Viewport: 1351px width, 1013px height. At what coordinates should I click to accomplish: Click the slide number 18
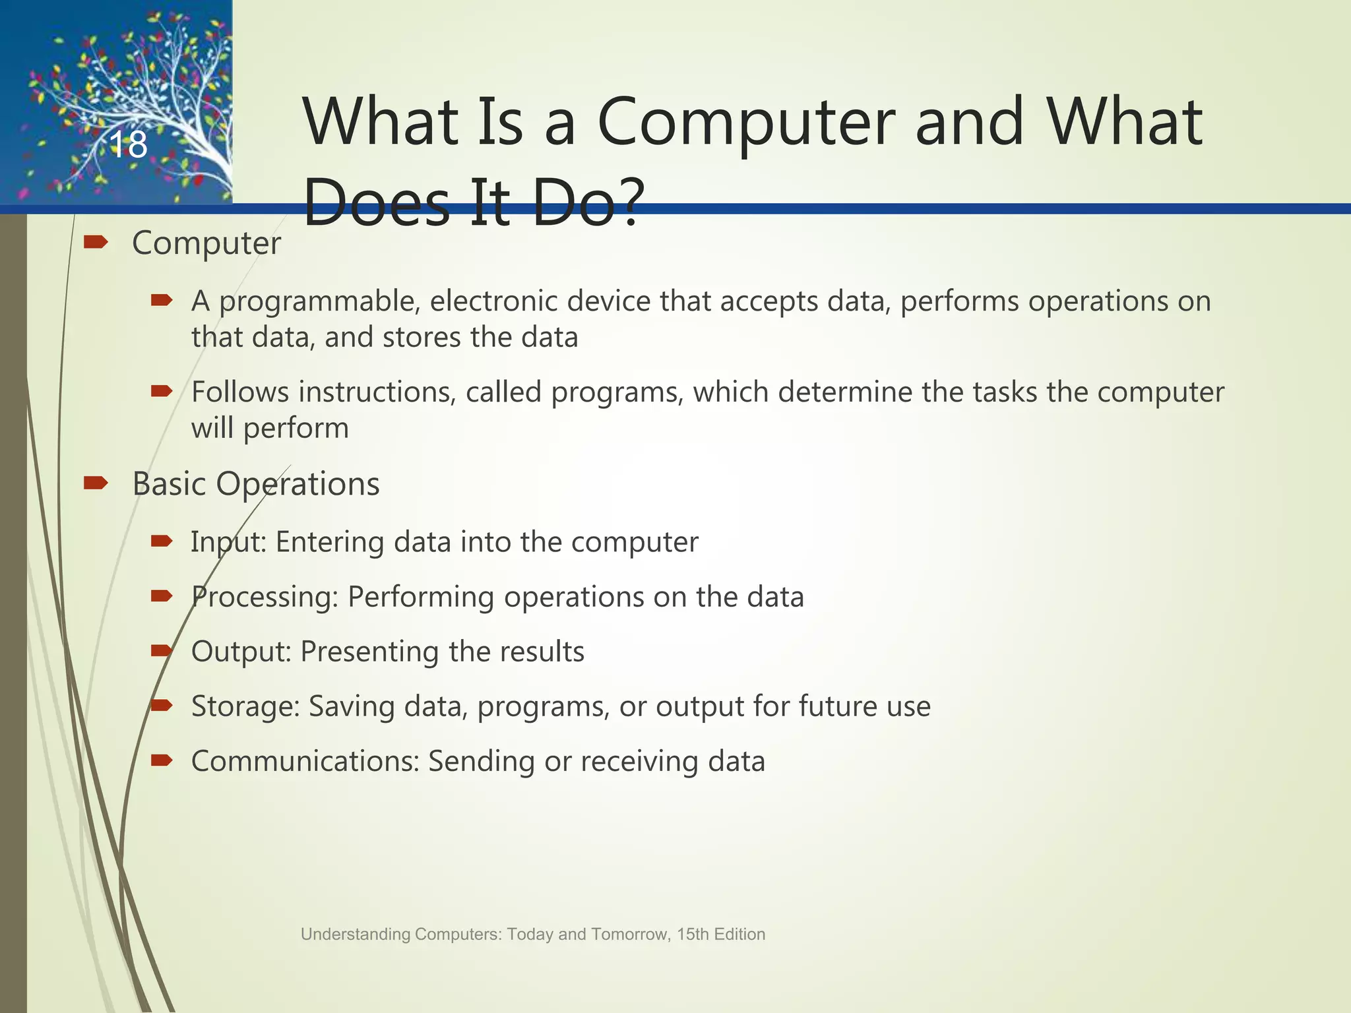pyautogui.click(x=128, y=145)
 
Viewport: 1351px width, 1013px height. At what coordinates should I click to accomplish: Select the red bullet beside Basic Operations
pyautogui.click(x=96, y=484)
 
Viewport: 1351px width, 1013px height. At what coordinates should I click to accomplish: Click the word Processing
pyautogui.click(x=264, y=598)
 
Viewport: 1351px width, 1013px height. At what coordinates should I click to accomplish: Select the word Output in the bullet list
pyautogui.click(x=240, y=652)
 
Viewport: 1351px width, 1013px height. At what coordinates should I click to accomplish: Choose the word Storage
pyautogui.click(x=245, y=706)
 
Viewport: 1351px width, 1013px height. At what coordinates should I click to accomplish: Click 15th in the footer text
pyautogui.click(x=690, y=935)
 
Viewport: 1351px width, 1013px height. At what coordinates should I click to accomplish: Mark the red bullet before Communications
pyautogui.click(x=162, y=761)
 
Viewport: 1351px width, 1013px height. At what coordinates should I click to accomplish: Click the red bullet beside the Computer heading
pyautogui.click(x=96, y=243)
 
